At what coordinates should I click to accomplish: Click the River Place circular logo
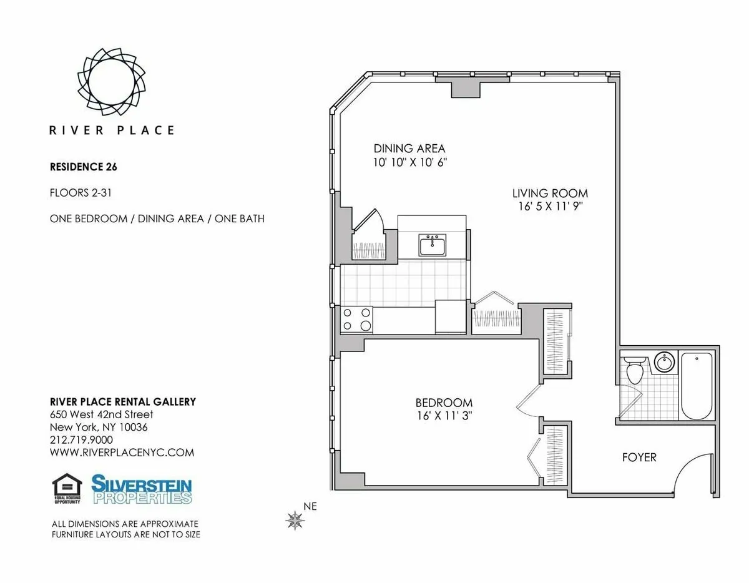coord(110,82)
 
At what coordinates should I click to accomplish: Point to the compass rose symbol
coord(295,519)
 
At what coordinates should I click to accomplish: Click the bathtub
coord(696,387)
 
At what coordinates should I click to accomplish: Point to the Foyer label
coord(639,458)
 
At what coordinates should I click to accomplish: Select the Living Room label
coord(550,193)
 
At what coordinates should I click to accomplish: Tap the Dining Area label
coord(409,149)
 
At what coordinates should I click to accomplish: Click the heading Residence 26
coord(84,167)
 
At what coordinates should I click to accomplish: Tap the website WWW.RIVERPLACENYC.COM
coord(122,453)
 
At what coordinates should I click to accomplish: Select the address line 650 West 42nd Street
coord(101,414)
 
